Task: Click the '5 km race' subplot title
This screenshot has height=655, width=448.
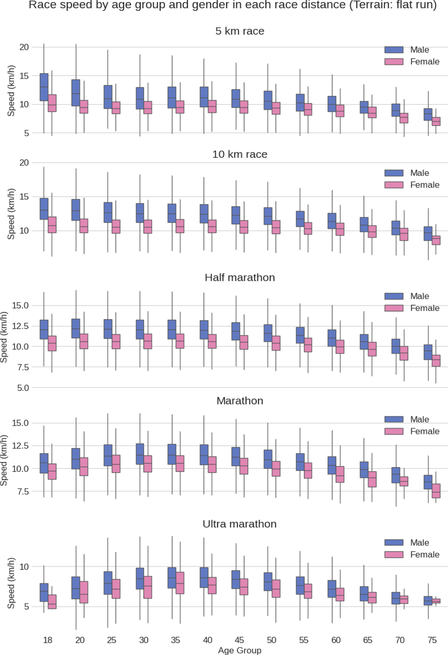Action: point(240,31)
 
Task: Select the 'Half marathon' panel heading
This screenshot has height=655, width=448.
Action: point(240,278)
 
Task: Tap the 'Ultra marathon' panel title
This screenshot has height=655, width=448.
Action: point(240,524)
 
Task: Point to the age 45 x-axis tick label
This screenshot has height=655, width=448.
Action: point(239,640)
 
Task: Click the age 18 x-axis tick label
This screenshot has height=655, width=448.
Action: point(48,640)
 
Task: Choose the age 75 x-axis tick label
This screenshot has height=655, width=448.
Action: point(432,640)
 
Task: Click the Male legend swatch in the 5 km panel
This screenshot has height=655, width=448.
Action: point(394,50)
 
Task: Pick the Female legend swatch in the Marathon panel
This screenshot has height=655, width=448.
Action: point(394,431)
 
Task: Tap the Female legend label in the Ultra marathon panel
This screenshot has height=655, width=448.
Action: point(425,555)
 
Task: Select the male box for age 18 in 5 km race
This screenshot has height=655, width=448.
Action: point(44,87)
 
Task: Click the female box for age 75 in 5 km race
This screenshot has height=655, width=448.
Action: point(436,122)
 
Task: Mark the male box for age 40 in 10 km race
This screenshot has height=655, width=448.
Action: point(204,214)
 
